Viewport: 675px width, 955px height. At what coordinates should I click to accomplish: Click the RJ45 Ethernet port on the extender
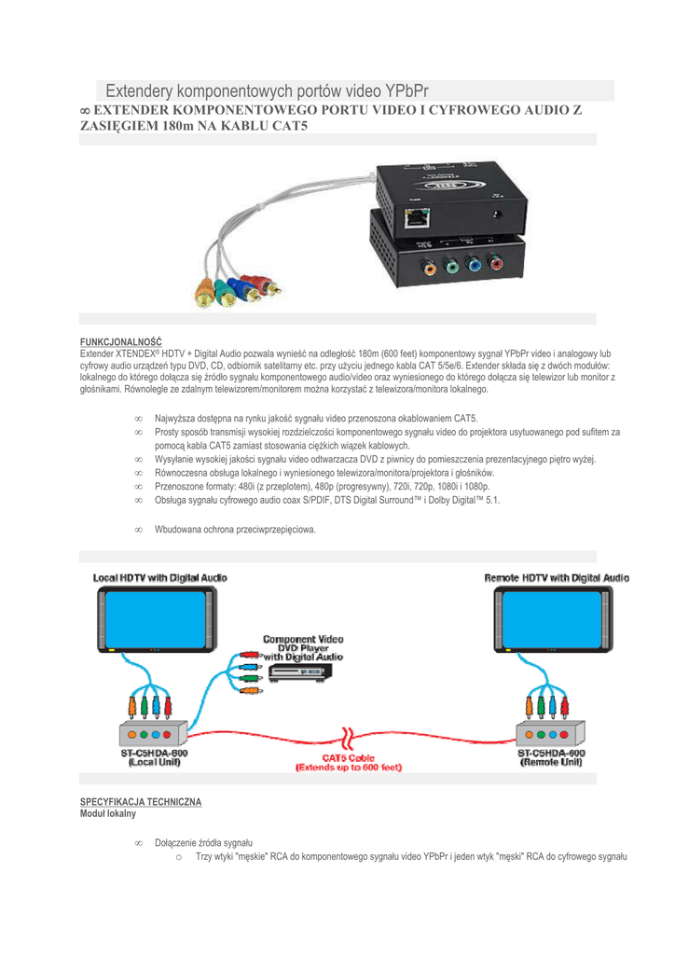pos(418,217)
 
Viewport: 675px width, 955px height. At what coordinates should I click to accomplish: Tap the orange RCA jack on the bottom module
pos(429,266)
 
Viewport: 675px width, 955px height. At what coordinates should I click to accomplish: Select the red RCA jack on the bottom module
pos(495,264)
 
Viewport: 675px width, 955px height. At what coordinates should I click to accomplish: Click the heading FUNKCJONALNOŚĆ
pos(121,342)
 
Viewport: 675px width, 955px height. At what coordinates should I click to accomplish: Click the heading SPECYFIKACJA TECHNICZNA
pos(141,802)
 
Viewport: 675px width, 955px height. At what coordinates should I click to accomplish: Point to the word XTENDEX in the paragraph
pos(136,353)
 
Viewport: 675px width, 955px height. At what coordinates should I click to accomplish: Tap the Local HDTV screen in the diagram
pos(157,619)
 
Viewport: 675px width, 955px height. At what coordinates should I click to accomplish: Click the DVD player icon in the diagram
pos(301,673)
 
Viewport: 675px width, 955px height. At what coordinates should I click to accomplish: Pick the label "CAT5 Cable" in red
pos(348,758)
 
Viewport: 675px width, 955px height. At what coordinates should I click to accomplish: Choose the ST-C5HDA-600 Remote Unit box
pos(551,733)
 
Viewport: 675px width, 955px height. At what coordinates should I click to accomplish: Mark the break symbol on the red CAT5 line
pos(348,739)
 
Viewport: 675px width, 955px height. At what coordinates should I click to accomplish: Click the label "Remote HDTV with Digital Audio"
pos(557,578)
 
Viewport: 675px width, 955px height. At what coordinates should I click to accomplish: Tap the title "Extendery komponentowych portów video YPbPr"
pos(268,90)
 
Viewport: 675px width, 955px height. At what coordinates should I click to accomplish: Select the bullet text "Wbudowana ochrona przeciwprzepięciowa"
pos(235,530)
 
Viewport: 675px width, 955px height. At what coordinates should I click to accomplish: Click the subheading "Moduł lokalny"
pos(108,813)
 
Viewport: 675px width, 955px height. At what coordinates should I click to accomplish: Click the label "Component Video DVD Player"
pos(303,644)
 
